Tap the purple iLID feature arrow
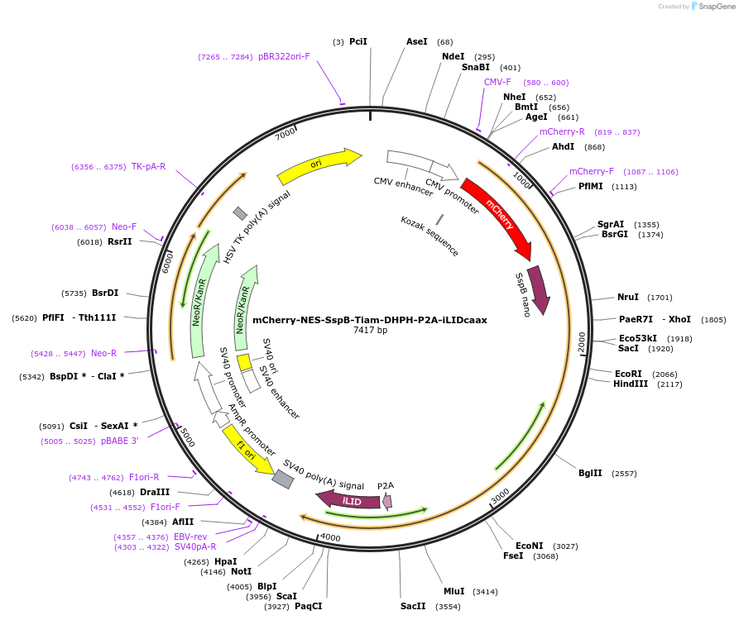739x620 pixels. [x=349, y=500]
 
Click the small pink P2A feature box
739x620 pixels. [x=386, y=501]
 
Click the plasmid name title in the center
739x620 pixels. [x=369, y=320]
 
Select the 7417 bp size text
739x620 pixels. [x=369, y=331]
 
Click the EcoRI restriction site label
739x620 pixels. [x=628, y=374]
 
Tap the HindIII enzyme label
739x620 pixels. [x=631, y=384]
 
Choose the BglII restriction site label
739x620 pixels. [x=590, y=473]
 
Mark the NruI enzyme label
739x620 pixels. [x=628, y=297]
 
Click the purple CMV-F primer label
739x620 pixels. [x=497, y=82]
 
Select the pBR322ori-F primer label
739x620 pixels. [x=284, y=56]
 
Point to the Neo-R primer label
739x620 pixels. [x=103, y=353]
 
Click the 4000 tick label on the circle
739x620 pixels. [x=330, y=537]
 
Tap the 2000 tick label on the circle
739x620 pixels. [x=582, y=340]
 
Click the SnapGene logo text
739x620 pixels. [x=717, y=7]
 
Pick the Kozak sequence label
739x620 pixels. [x=429, y=235]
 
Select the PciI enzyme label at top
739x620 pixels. [x=358, y=41]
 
